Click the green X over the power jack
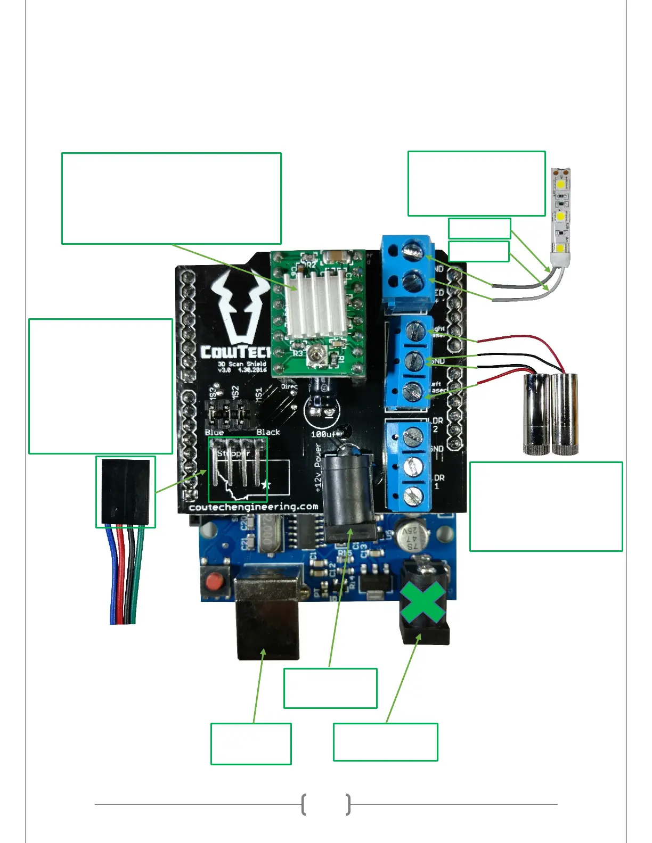[422, 602]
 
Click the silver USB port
[267, 617]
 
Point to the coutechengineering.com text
[254, 507]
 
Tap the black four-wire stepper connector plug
[126, 491]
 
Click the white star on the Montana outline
[266, 485]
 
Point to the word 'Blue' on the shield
[214, 433]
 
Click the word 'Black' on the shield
[268, 432]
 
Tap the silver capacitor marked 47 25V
[413, 536]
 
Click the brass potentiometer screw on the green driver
[319, 352]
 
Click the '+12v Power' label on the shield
[318, 468]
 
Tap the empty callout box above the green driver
[171, 199]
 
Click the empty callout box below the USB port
[251, 743]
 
